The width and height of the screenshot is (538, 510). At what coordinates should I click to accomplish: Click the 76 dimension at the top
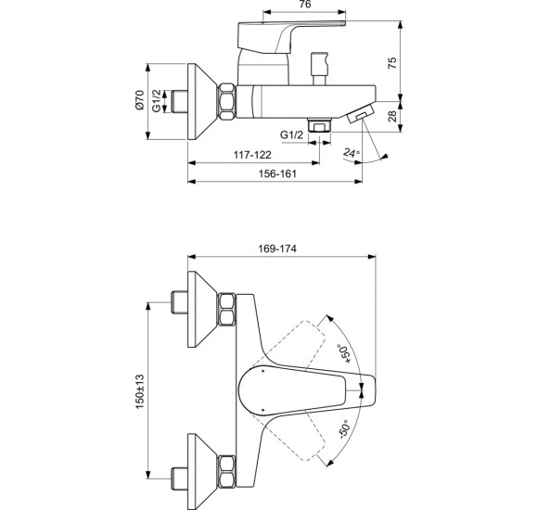point(305,5)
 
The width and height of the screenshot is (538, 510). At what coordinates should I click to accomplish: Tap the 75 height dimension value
point(392,62)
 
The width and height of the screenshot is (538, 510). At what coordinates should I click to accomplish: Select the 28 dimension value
point(392,116)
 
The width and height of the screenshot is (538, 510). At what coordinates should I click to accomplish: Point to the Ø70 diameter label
point(139,100)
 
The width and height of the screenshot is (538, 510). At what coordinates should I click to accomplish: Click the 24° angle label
point(352,153)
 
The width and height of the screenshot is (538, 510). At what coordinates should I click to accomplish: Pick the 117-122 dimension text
point(252,155)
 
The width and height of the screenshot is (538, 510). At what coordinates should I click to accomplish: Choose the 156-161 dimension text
point(277,174)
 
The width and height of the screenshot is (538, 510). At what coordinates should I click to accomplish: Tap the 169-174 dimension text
point(277,249)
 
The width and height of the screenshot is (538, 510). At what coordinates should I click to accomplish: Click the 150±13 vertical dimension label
point(140,391)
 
